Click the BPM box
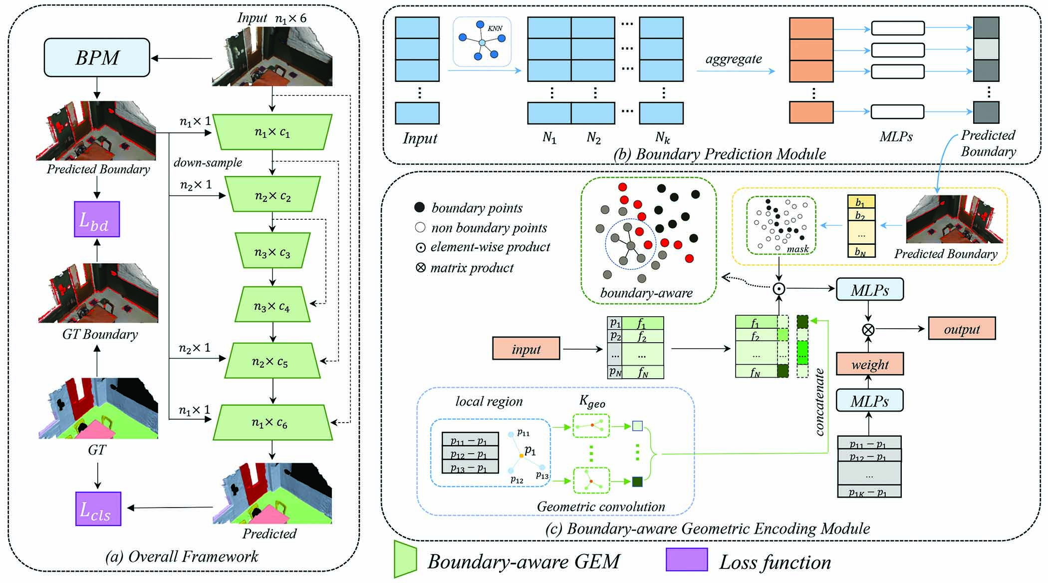click(97, 58)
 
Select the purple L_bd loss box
click(97, 219)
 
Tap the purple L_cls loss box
click(98, 509)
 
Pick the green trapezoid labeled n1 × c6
click(272, 423)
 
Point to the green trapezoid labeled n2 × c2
click(272, 194)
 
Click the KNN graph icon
click(482, 42)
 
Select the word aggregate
click(734, 58)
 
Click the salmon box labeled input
click(526, 348)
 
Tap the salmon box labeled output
click(962, 328)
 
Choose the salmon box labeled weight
click(870, 364)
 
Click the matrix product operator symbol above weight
click(869, 329)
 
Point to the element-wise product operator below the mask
click(779, 289)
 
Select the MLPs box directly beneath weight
click(870, 400)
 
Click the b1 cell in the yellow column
click(861, 202)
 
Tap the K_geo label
click(592, 402)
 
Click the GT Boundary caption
click(100, 334)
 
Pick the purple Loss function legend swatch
click(687, 560)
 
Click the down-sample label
click(208, 162)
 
